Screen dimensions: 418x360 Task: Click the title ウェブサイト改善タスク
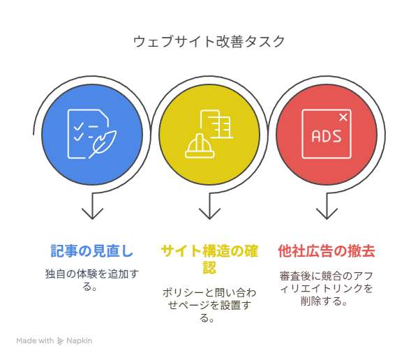tap(209, 42)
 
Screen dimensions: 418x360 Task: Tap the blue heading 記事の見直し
tap(92, 251)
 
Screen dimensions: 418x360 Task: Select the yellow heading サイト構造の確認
tap(209, 259)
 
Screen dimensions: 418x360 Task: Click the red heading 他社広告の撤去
tap(327, 251)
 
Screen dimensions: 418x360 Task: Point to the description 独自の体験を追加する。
tap(92, 280)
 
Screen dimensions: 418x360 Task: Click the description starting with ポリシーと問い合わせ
tap(209, 305)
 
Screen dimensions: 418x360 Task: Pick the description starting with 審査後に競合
tap(327, 289)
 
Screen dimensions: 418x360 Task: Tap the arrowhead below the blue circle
tap(92, 213)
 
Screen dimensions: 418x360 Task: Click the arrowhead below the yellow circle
tap(209, 213)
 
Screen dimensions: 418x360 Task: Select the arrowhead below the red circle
tap(327, 213)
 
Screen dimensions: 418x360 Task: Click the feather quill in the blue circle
tap(103, 144)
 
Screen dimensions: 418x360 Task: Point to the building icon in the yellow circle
tap(216, 124)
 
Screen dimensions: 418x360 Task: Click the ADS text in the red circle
tap(327, 136)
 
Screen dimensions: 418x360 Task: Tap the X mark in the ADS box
tap(343, 117)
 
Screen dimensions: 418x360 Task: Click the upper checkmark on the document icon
tap(78, 126)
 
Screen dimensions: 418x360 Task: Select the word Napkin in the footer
tap(79, 341)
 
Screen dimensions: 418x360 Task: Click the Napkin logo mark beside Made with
tap(60, 341)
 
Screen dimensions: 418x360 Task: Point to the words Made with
tap(35, 341)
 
